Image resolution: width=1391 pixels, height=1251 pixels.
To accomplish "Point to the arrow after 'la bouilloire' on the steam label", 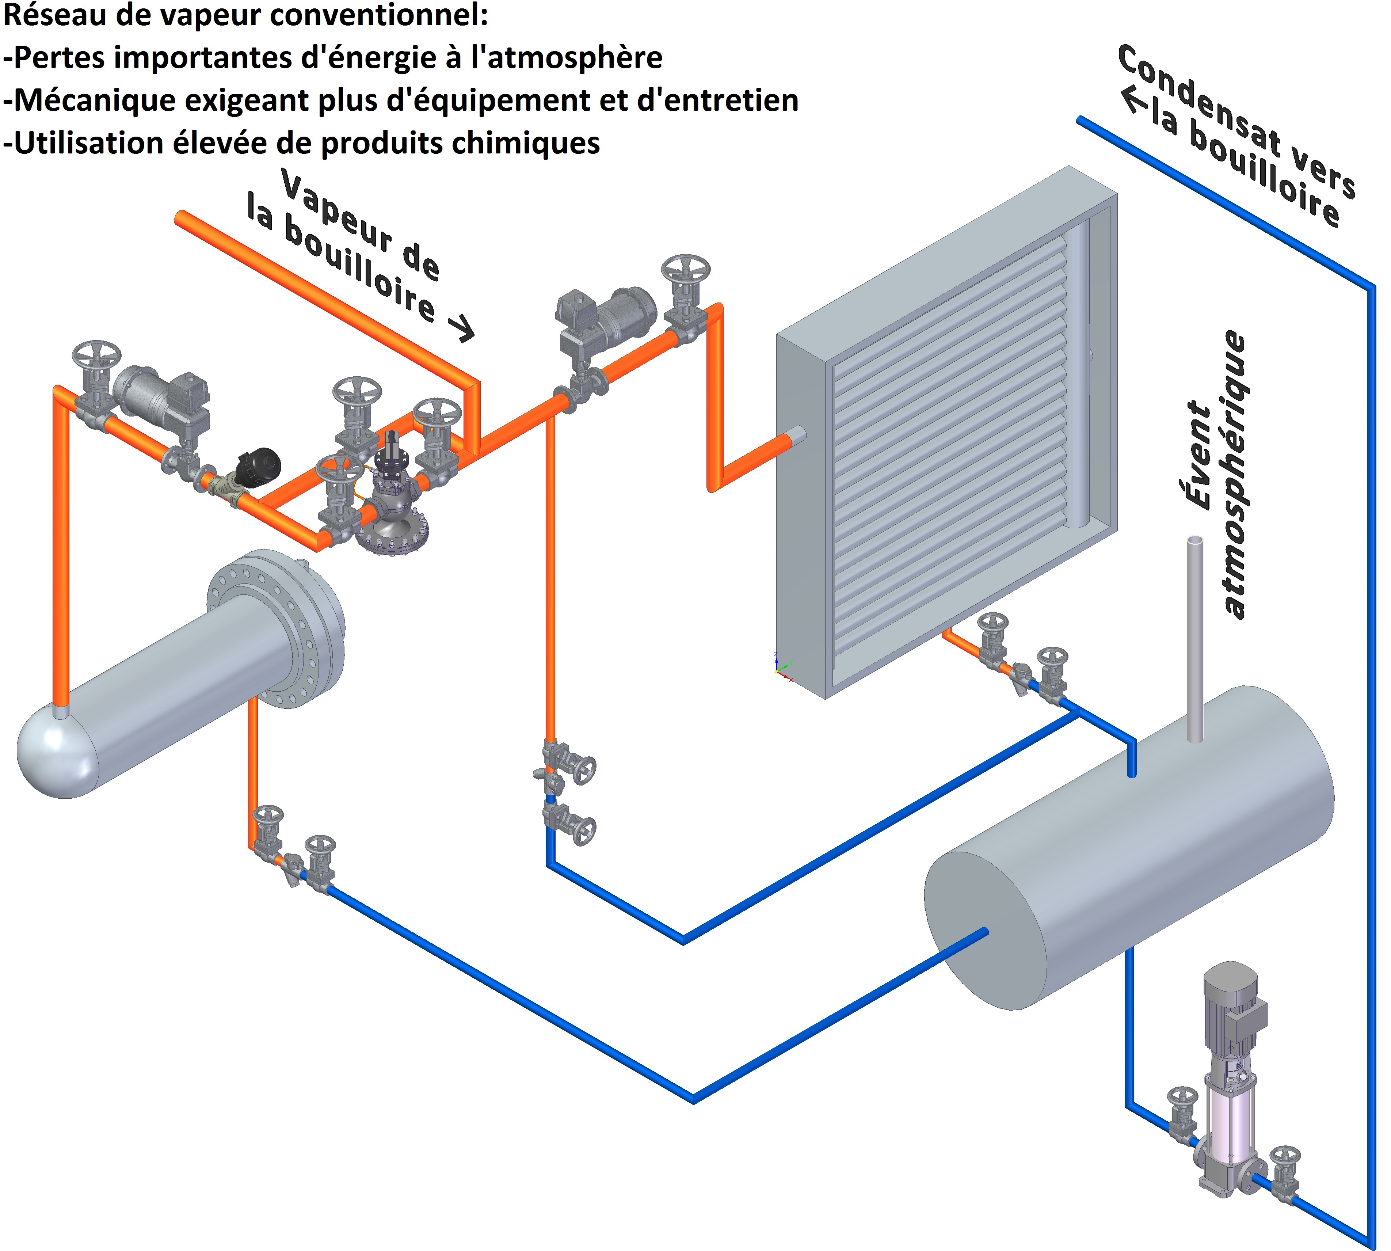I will (x=461, y=327).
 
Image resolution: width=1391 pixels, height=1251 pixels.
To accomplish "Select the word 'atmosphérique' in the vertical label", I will (x=1234, y=474).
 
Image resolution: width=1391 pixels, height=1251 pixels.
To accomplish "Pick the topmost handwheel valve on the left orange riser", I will (x=96, y=357).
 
